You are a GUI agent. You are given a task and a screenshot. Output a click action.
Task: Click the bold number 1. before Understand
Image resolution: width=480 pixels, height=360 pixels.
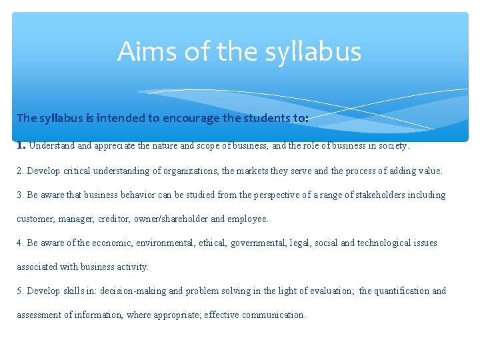(x=21, y=144)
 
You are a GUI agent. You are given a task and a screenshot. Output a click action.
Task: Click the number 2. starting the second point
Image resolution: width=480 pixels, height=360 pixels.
(x=21, y=171)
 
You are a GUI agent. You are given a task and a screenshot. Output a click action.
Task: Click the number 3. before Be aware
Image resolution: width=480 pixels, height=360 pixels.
(x=21, y=195)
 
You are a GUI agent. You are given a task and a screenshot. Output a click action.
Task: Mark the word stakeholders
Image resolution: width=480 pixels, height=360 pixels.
(x=376, y=195)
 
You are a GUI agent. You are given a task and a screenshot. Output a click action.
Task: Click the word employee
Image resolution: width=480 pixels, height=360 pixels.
(x=247, y=219)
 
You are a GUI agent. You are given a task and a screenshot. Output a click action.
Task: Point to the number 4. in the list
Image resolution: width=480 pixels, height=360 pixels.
(x=21, y=243)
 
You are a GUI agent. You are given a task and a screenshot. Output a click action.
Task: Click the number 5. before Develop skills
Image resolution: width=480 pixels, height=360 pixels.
(x=21, y=291)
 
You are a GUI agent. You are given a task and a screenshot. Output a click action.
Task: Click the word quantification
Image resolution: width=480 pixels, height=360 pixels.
(x=403, y=291)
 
